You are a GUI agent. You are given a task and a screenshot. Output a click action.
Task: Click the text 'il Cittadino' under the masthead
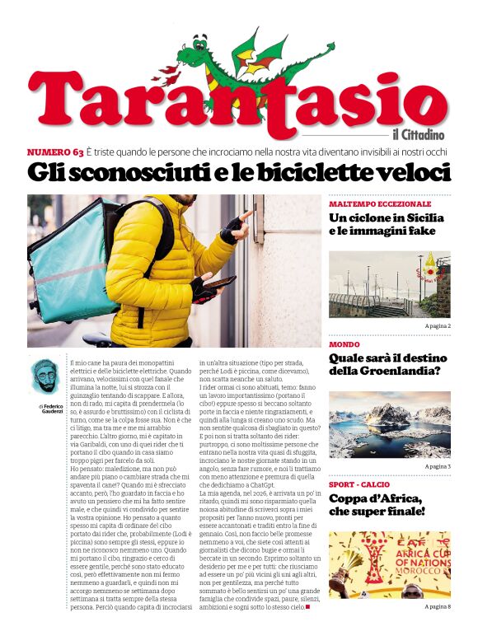[419, 134]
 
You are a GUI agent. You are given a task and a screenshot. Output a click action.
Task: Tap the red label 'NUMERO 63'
[54, 152]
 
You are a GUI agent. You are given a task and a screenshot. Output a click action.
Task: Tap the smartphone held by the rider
[218, 283]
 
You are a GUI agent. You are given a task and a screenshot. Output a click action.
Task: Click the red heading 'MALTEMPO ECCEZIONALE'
[379, 203]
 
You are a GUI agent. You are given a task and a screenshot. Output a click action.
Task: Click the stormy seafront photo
[389, 284]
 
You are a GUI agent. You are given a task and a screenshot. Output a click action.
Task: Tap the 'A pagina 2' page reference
[438, 327]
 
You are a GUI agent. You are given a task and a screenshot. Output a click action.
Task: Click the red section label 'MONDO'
[344, 344]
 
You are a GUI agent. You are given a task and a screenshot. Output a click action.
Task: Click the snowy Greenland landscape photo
[389, 424]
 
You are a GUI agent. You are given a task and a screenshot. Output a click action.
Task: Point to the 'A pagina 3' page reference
[438, 466]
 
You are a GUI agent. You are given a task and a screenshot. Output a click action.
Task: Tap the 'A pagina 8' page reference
[438, 606]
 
